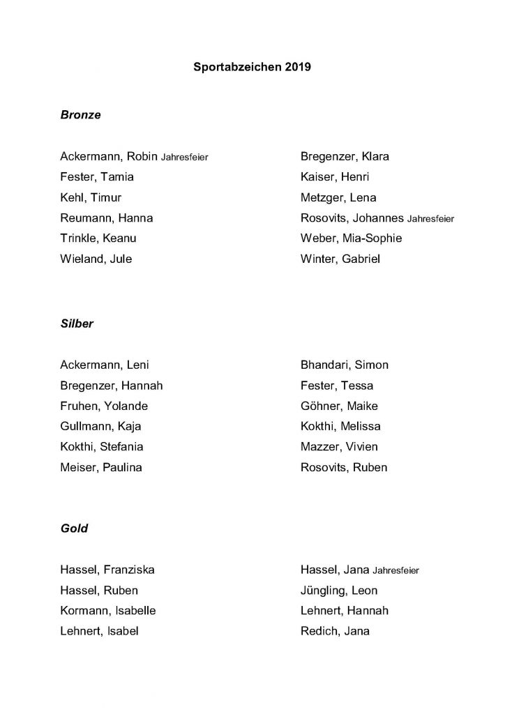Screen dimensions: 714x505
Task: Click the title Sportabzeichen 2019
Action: (252, 68)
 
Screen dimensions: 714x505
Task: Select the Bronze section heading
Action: (81, 115)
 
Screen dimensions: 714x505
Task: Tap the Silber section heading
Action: (77, 324)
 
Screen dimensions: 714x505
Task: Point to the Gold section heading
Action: (74, 529)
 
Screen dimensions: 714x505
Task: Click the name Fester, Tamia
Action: (97, 177)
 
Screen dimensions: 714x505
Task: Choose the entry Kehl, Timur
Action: (91, 197)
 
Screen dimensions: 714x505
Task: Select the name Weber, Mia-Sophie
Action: (351, 238)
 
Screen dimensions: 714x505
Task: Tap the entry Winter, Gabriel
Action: (340, 259)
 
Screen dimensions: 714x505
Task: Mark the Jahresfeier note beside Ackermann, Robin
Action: (185, 157)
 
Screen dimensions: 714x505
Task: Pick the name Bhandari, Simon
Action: (344, 365)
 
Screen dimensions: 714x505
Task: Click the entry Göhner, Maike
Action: (339, 406)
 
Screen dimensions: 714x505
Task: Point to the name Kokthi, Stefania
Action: (102, 447)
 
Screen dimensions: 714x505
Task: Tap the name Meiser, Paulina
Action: (101, 467)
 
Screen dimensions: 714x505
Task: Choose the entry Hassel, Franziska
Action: (107, 570)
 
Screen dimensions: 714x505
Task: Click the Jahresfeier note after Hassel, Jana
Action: (395, 570)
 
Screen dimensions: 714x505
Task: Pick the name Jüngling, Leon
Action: (338, 591)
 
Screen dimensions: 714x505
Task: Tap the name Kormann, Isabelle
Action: (108, 611)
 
